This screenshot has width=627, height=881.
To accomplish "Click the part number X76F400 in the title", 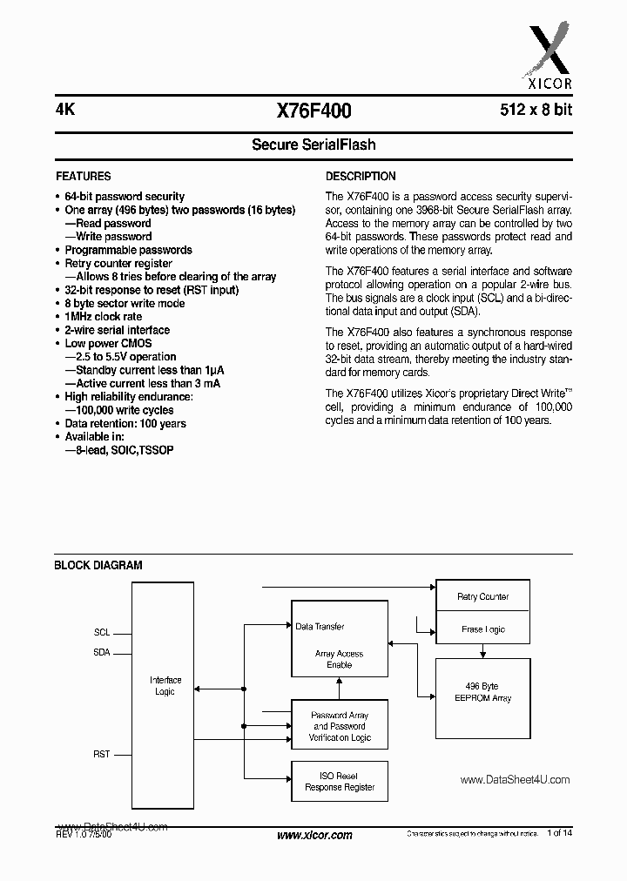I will pos(313,111).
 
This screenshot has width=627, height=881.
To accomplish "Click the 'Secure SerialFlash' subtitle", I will pos(313,145).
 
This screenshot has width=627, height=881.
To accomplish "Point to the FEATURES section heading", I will pos(83,176).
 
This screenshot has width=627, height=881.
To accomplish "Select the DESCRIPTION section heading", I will pos(361,176).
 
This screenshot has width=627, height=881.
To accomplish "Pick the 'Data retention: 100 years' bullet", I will pos(125,424).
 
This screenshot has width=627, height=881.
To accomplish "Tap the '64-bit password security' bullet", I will pos(125,197).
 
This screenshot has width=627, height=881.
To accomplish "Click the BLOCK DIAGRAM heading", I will pos(98,565).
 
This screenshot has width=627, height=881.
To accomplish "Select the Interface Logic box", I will pos(165,686).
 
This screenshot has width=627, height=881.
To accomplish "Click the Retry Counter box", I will pos(482,597).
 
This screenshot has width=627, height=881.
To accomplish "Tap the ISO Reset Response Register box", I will pos(339,782).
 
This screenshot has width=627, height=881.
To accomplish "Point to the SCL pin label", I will pos(102,633).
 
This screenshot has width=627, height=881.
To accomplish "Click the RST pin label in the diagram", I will pos(102,754).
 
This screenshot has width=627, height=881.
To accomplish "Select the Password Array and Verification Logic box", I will pos(339,726).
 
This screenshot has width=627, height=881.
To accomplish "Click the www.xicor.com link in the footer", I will pos(313,836).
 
